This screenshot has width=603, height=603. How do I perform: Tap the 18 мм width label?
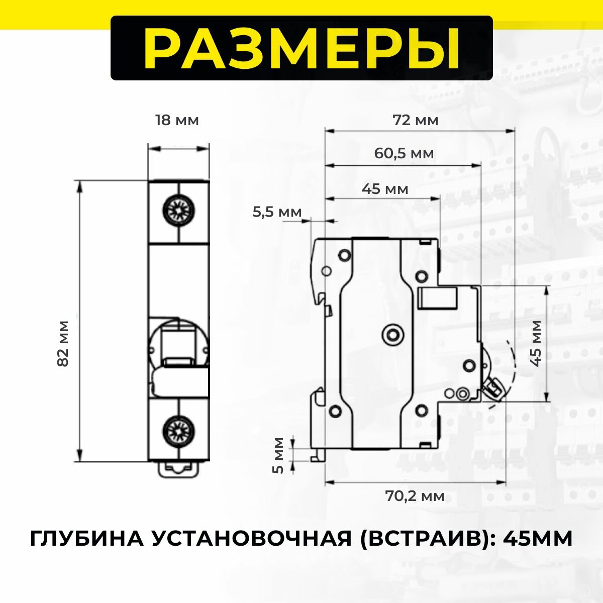coord(177,121)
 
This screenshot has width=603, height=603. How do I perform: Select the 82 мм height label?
coord(63,343)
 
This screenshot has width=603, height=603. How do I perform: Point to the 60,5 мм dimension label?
coord(404,153)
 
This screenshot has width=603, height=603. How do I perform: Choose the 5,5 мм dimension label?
coord(277,213)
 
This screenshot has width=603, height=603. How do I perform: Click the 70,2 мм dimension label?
coord(415,496)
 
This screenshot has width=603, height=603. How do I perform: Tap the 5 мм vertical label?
coord(278,455)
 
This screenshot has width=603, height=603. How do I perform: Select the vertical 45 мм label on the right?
coord(536,343)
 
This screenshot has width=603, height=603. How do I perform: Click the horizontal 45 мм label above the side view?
coord(385,189)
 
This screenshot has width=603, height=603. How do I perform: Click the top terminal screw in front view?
coord(178,210)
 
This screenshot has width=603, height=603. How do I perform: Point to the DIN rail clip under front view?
coord(178,469)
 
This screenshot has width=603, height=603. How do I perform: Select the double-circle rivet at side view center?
coord(392,333)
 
